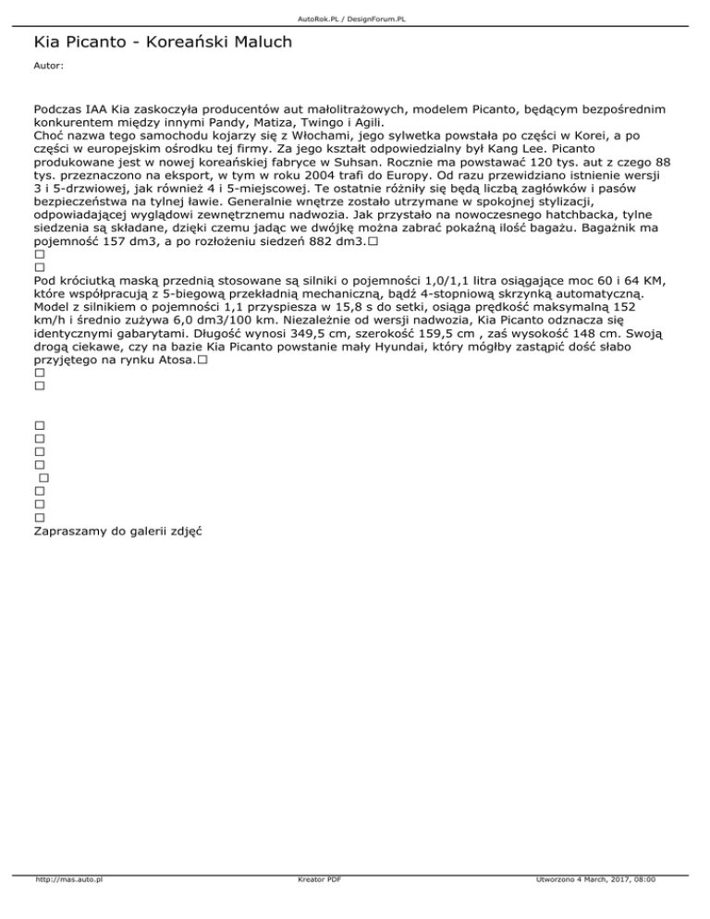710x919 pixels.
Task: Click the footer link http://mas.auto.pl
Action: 67,905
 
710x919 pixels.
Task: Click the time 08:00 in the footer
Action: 644,905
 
